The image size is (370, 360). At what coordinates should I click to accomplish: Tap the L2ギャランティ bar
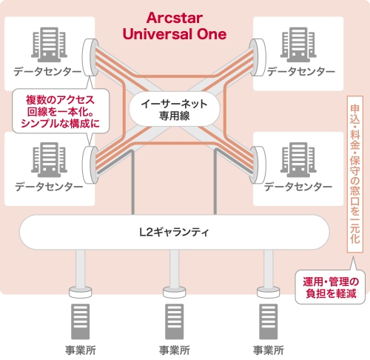[174, 232]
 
